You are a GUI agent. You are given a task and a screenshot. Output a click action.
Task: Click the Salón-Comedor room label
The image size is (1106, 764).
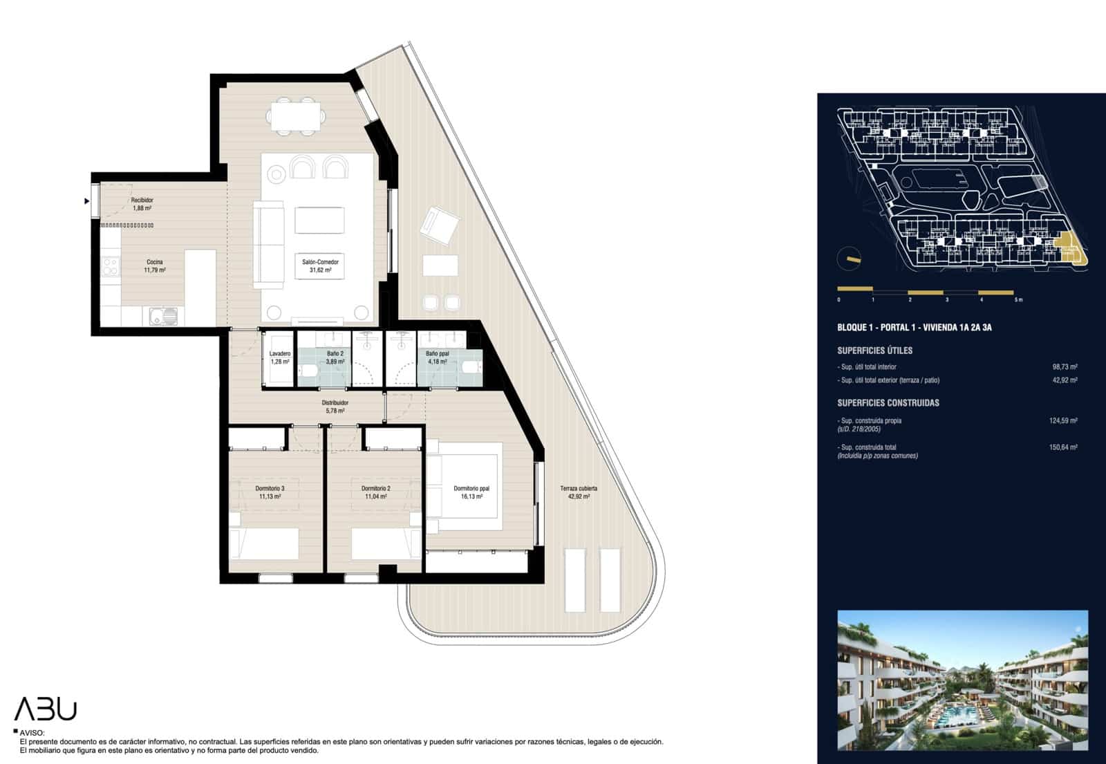click(x=320, y=266)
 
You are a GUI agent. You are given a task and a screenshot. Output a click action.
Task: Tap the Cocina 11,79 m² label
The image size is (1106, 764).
click(x=154, y=266)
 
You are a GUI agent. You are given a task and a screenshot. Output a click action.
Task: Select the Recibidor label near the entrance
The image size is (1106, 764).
click(x=142, y=204)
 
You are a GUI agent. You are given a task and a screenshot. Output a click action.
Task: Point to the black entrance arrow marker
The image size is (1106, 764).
click(x=87, y=201)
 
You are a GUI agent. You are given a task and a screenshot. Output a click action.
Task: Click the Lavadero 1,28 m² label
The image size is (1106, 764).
click(x=280, y=357)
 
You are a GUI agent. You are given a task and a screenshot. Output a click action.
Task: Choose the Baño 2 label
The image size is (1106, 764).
click(x=335, y=357)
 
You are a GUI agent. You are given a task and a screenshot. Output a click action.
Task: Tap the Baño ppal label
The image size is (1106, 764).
click(x=437, y=357)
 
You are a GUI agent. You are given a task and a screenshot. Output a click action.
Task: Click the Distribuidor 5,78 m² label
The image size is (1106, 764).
click(x=335, y=407)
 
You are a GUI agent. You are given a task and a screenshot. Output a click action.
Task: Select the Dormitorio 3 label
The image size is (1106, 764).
click(x=270, y=492)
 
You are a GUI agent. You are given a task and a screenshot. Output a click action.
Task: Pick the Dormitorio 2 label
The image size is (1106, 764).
click(x=375, y=492)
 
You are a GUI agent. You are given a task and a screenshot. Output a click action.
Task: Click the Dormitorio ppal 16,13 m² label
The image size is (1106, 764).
click(x=471, y=492)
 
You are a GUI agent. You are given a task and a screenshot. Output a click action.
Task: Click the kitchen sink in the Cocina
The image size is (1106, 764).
click(x=164, y=317)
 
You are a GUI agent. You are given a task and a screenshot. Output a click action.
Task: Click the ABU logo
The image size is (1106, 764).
click(x=46, y=709)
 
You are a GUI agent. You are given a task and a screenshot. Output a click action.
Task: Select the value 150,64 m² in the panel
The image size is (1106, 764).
click(x=1063, y=447)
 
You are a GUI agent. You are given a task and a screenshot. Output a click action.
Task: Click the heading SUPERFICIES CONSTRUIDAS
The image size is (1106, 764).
click(x=888, y=403)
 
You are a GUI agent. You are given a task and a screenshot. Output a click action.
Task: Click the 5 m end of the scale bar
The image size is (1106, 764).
click(x=1018, y=299)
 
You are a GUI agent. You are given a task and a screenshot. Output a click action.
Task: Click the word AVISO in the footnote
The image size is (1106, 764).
click(x=32, y=733)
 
